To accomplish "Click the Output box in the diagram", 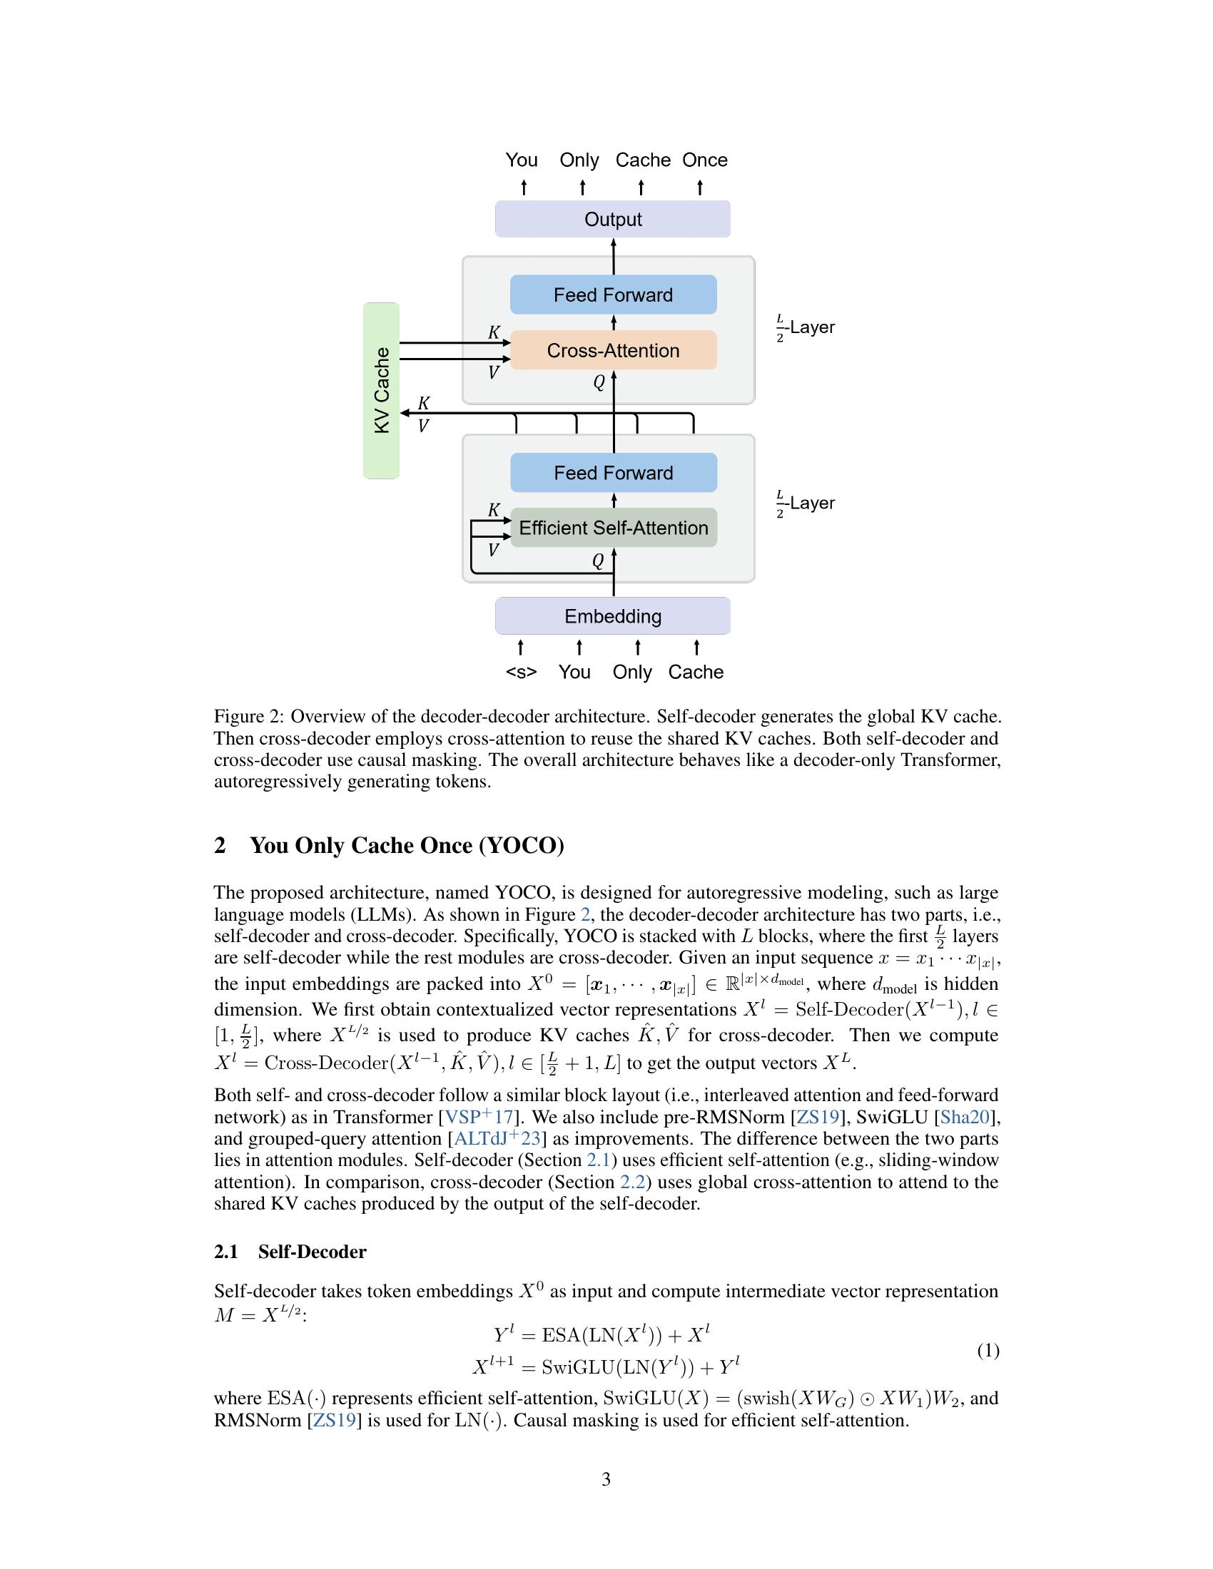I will click(612, 219).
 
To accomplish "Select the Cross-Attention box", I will click(612, 351).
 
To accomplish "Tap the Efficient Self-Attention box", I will click(612, 528).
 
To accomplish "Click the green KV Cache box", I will click(382, 390).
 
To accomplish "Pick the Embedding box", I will click(612, 616).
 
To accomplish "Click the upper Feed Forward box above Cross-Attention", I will click(612, 295).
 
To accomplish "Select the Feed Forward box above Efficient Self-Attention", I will click(612, 473).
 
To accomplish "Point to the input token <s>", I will click(521, 673).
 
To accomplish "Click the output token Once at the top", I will click(704, 160).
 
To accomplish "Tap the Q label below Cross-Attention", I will click(599, 383).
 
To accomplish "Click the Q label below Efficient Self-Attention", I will click(598, 561).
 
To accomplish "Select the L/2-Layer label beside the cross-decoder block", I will click(806, 327).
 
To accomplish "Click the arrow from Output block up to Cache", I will click(641, 188).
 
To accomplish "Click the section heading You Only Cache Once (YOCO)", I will click(407, 846).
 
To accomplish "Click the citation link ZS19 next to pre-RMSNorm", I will click(817, 1117).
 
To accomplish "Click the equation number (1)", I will click(988, 1351).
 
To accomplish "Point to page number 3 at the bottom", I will click(606, 1479).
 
